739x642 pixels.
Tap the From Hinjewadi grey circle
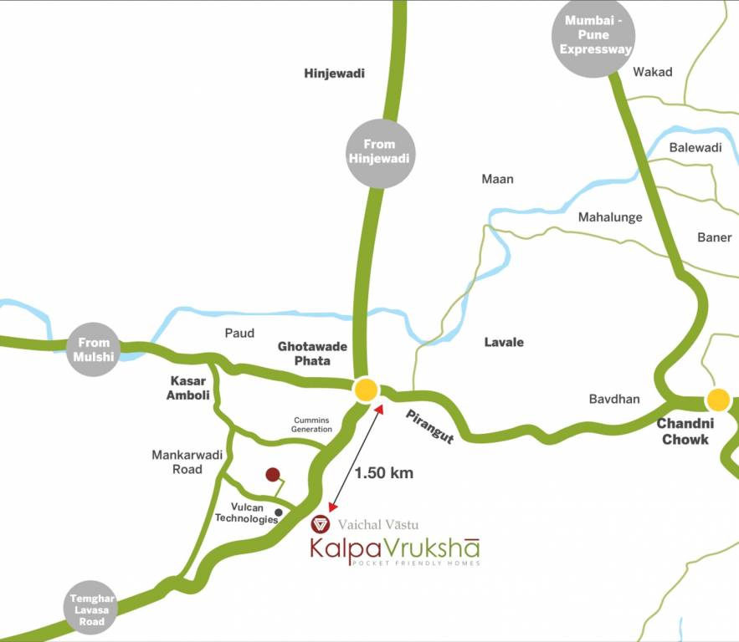(379, 153)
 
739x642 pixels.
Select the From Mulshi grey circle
(94, 349)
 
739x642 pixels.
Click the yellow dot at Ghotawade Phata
(367, 390)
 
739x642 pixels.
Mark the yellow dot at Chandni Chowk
(717, 400)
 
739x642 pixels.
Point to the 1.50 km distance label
(384, 473)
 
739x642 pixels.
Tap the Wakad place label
(653, 72)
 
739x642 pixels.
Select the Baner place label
(714, 237)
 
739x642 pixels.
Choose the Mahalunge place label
(610, 217)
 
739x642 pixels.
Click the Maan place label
(497, 179)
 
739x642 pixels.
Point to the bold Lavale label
(504, 342)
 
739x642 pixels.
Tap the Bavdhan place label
(613, 399)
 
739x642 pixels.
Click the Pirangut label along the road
(429, 426)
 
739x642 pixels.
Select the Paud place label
(239, 333)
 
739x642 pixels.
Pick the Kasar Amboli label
(188, 388)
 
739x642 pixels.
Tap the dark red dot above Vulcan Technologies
(272, 475)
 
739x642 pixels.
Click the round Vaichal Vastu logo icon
(320, 525)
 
